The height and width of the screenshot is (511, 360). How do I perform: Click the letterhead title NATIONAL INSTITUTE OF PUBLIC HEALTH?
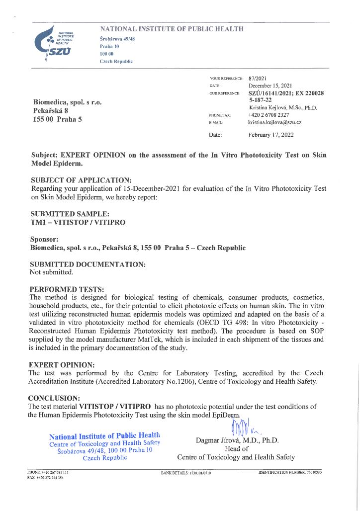172,29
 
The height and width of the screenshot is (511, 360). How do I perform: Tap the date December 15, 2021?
271,86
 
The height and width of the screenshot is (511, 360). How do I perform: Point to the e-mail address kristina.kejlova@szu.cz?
274,122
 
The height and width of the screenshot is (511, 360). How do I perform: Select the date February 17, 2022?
270,134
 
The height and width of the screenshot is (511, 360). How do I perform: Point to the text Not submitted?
52,272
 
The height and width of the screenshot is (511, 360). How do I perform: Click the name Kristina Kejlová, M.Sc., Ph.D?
282,107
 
